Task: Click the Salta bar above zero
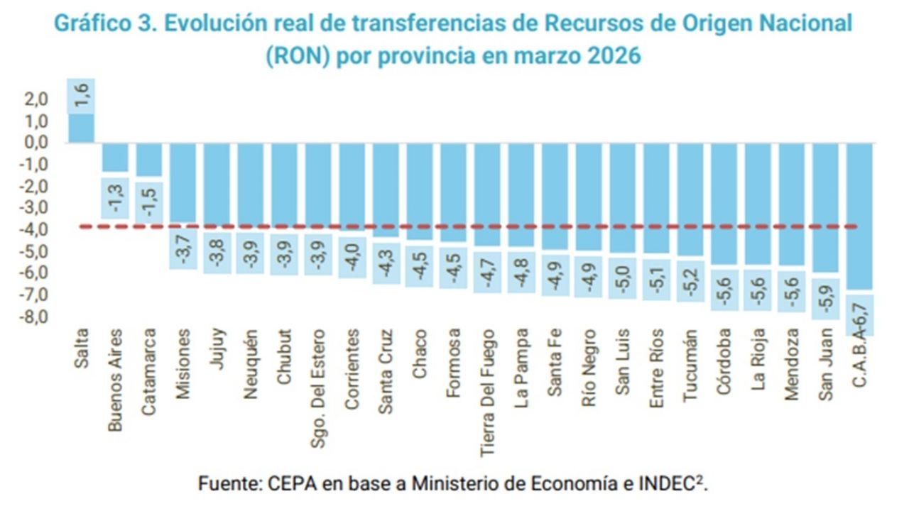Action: [80, 128]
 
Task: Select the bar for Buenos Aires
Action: [115, 157]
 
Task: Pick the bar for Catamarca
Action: [149, 159]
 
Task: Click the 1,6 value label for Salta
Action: [80, 97]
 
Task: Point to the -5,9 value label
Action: [826, 298]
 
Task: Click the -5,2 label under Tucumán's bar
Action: [691, 281]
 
